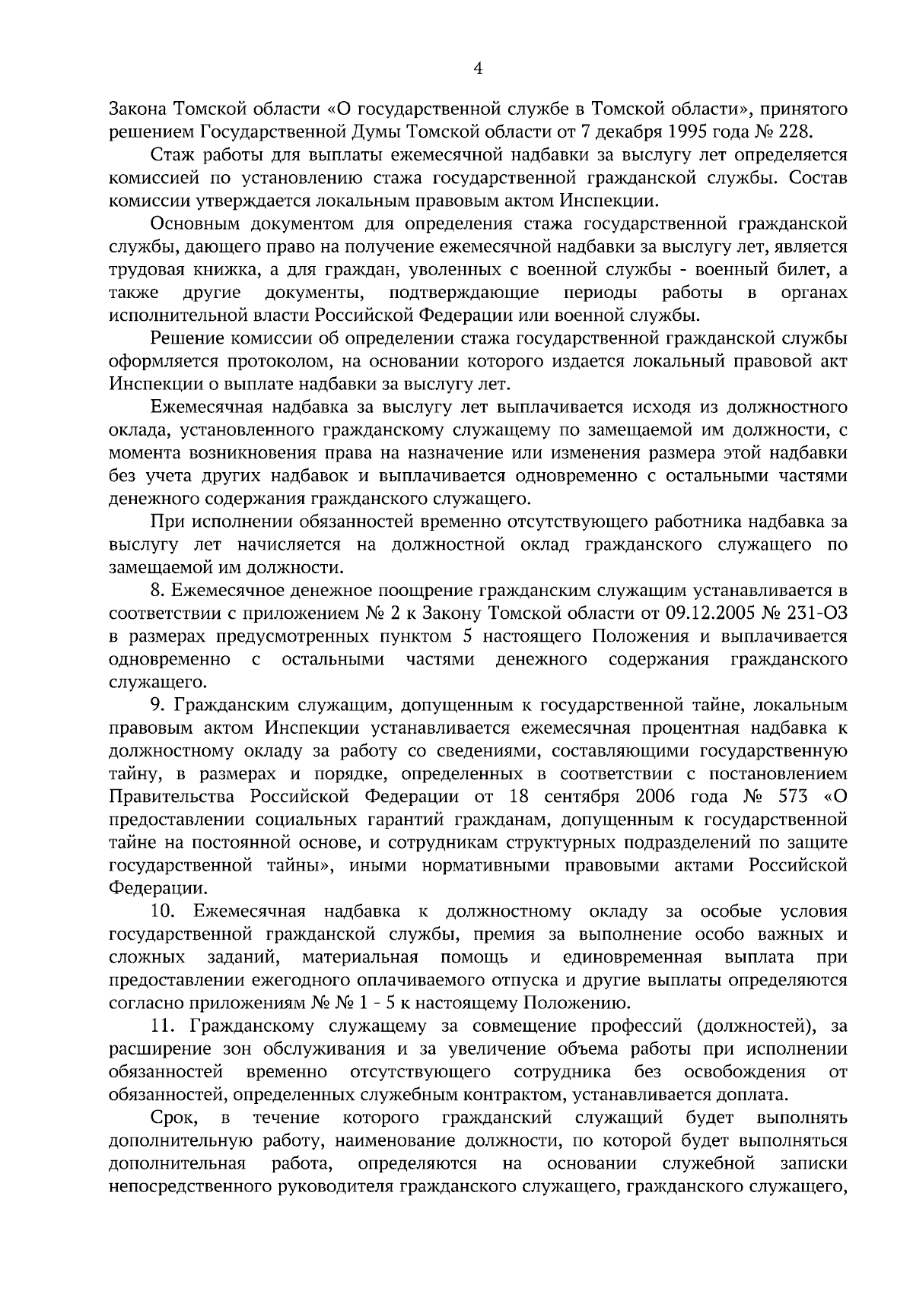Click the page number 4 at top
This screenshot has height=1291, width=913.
point(478,68)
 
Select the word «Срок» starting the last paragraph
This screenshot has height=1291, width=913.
point(174,1118)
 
